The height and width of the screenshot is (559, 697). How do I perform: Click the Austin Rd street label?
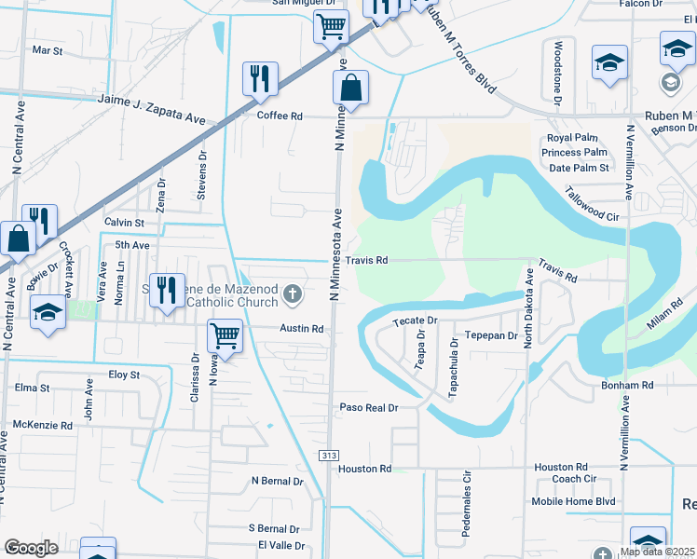pos(304,329)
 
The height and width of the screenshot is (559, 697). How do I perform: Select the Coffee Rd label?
pos(280,116)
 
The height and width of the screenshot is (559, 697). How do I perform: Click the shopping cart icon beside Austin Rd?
pos(225,334)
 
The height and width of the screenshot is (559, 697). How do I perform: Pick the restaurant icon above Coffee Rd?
pos(259,77)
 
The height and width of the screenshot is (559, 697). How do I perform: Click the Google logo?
pos(31,548)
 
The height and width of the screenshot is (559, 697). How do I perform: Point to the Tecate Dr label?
pos(408,320)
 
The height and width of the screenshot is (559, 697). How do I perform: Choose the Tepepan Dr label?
pos(490,335)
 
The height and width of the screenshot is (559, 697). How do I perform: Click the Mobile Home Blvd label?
pos(573,501)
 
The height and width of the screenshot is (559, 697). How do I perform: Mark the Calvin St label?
pos(124,224)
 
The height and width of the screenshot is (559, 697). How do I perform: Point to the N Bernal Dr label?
pos(278,482)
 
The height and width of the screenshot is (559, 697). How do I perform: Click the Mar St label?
pos(47,50)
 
